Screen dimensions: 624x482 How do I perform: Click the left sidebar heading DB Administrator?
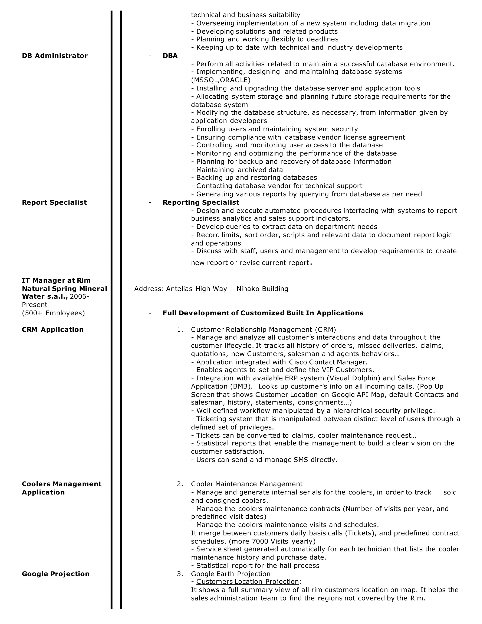point(55,56)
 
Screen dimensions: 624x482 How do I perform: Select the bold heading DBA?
point(170,56)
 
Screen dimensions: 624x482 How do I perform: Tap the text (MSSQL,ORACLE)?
point(221,80)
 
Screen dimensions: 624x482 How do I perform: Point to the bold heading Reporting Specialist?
point(201,202)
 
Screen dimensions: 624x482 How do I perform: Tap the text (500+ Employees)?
point(53,313)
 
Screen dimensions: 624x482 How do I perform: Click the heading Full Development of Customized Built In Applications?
point(263,313)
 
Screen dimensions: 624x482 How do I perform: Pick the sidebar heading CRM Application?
point(52,329)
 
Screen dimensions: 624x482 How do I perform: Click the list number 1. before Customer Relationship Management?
point(180,329)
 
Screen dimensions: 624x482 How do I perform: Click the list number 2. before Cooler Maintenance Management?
point(180,484)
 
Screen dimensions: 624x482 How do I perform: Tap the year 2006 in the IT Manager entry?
point(78,296)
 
